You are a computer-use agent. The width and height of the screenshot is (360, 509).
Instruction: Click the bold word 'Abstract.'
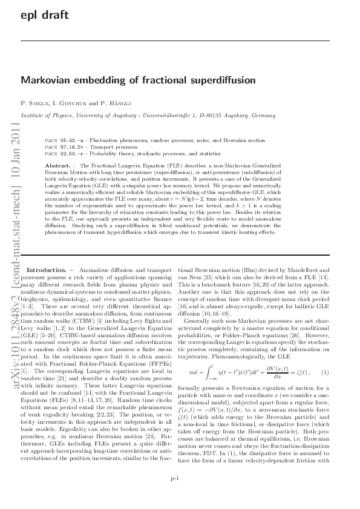coord(57,164)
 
